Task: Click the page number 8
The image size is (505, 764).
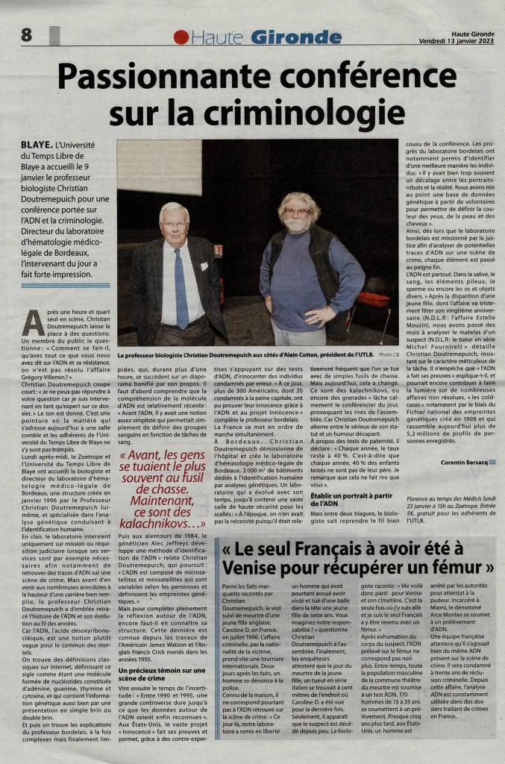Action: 27,34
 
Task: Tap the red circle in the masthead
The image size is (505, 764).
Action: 181,37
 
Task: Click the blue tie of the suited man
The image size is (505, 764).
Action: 181,288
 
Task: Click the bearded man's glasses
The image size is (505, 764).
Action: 298,212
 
